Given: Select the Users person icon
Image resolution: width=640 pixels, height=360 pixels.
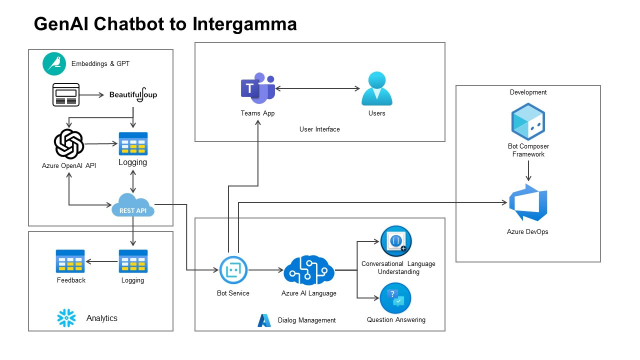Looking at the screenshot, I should pos(376,89).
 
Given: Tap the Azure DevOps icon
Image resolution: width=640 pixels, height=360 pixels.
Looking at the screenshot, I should pos(528,202).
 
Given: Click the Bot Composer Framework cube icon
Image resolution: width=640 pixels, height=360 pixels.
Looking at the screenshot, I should pos(528,121).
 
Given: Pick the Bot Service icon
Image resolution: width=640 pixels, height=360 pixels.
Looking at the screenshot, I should pos(233,270).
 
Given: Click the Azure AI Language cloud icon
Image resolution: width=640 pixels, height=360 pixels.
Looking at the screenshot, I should pos(308,270).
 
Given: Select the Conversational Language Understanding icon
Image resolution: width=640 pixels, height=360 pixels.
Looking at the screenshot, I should pos(396,241).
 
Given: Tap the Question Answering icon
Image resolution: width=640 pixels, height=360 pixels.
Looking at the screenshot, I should pos(395,298).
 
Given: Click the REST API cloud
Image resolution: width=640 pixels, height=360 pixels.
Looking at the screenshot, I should pos(133,205).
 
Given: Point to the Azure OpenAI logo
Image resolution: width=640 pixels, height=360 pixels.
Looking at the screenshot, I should pos(68,144).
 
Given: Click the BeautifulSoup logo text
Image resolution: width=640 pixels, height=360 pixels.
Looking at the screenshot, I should pos(133,94).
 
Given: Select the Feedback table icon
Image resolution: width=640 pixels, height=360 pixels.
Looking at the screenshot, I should pos(70,261).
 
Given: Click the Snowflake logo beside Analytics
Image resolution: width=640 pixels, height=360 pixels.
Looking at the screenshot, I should pos(66,318).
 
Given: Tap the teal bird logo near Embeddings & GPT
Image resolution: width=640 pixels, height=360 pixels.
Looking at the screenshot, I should pos(54,64).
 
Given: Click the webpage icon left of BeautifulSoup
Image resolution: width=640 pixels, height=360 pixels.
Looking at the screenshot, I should pos(66,94).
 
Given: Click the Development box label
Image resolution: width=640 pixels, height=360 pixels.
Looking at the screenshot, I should pos(528,92).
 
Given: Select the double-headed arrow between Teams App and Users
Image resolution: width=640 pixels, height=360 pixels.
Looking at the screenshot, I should pos(317,89).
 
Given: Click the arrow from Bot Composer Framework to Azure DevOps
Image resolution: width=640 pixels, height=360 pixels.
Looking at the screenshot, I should pos(528,171).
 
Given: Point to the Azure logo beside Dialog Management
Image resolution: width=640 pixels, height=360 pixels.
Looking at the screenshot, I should pos(264,320).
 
